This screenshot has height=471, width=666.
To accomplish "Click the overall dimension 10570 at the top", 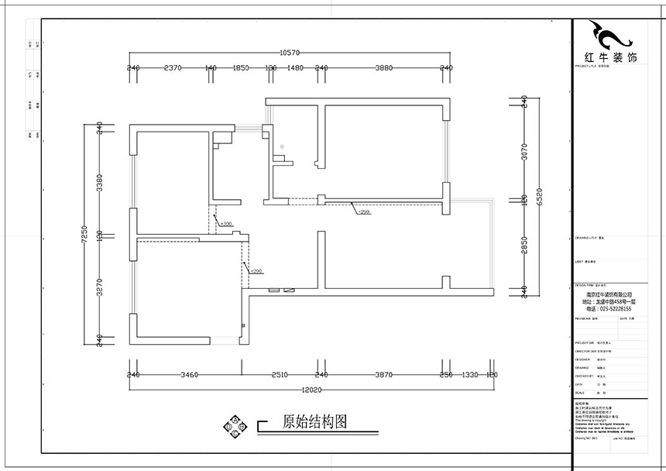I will (x=290, y=53).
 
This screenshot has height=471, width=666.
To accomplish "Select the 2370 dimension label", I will (x=173, y=68).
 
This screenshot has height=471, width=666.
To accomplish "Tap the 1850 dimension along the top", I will (x=240, y=68).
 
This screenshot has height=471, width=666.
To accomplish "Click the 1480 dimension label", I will (x=295, y=68).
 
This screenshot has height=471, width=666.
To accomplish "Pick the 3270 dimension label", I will (x=98, y=288).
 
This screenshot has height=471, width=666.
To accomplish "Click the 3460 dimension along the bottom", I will (x=190, y=374).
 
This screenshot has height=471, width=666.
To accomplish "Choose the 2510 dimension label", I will (x=280, y=374).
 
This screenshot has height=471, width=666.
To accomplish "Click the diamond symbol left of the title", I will (x=233, y=426).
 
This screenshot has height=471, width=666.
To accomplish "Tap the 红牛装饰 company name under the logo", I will (x=609, y=58).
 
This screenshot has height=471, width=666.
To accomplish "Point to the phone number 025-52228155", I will (x=609, y=309).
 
